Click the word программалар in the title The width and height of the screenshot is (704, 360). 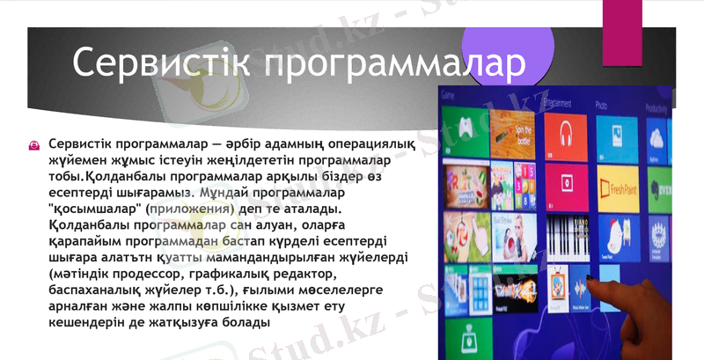(x=394, y=63)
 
